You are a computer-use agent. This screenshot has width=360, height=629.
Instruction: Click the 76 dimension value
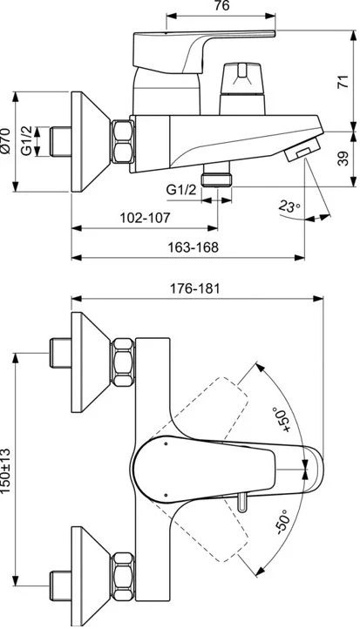tap(221, 5)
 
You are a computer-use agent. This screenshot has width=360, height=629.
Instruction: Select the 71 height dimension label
tap(343, 81)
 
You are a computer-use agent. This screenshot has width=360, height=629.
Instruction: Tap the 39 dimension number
tap(343, 159)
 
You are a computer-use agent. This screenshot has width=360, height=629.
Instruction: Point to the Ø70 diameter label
tap(5, 141)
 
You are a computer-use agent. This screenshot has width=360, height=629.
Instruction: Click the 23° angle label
tap(289, 206)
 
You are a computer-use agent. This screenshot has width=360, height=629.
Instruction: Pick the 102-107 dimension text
tap(145, 218)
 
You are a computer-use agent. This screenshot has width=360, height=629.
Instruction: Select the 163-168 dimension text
tap(194, 247)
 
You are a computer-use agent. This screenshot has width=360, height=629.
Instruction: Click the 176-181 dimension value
tap(194, 288)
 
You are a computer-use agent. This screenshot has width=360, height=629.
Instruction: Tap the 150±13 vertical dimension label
tap(5, 470)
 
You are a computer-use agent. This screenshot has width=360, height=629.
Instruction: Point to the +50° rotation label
tap(280, 420)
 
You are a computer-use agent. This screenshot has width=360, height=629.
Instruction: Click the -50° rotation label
tap(282, 522)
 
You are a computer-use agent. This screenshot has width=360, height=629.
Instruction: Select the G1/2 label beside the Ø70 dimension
tap(26, 141)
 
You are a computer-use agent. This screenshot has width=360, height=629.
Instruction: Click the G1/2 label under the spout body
tap(181, 190)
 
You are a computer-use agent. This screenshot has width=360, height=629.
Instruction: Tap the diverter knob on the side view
tap(242, 88)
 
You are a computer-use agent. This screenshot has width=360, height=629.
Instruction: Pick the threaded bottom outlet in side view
tap(216, 175)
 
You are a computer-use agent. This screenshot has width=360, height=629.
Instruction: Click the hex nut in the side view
tap(122, 142)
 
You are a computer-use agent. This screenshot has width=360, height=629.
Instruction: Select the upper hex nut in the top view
tap(123, 362)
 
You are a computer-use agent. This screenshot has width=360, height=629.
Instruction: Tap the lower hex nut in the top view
tap(123, 577)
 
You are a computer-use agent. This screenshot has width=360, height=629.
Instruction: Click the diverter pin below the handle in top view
tap(241, 503)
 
